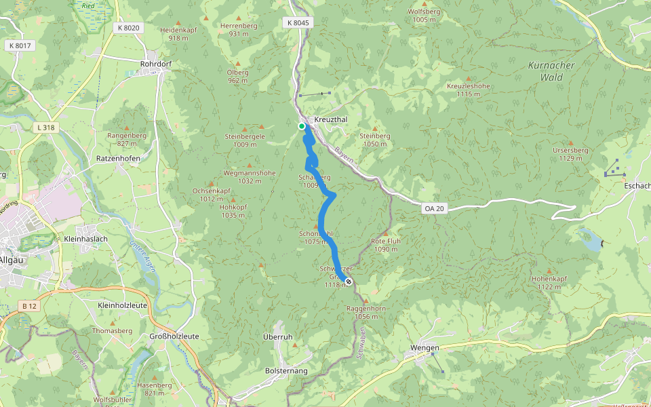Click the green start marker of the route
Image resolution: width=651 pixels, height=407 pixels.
(x=302, y=125)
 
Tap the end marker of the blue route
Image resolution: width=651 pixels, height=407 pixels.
(x=349, y=282)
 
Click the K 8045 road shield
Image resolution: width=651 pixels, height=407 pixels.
(x=296, y=23)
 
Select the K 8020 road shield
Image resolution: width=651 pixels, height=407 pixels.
(x=127, y=28)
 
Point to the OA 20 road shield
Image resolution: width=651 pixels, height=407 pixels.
(x=434, y=209)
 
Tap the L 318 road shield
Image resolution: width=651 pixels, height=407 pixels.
(x=45, y=127)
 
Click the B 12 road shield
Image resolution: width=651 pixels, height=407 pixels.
(x=28, y=307)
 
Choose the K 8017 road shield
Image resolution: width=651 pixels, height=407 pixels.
(x=20, y=45)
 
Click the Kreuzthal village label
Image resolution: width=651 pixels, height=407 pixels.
(x=331, y=119)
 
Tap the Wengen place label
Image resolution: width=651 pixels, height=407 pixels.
(x=425, y=348)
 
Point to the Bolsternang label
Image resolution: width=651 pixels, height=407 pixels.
(x=285, y=371)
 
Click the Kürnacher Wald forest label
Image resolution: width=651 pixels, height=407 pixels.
(x=551, y=71)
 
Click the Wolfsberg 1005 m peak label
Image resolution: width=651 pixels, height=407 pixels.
(x=424, y=16)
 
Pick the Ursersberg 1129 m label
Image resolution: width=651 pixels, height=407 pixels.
(x=567, y=154)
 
